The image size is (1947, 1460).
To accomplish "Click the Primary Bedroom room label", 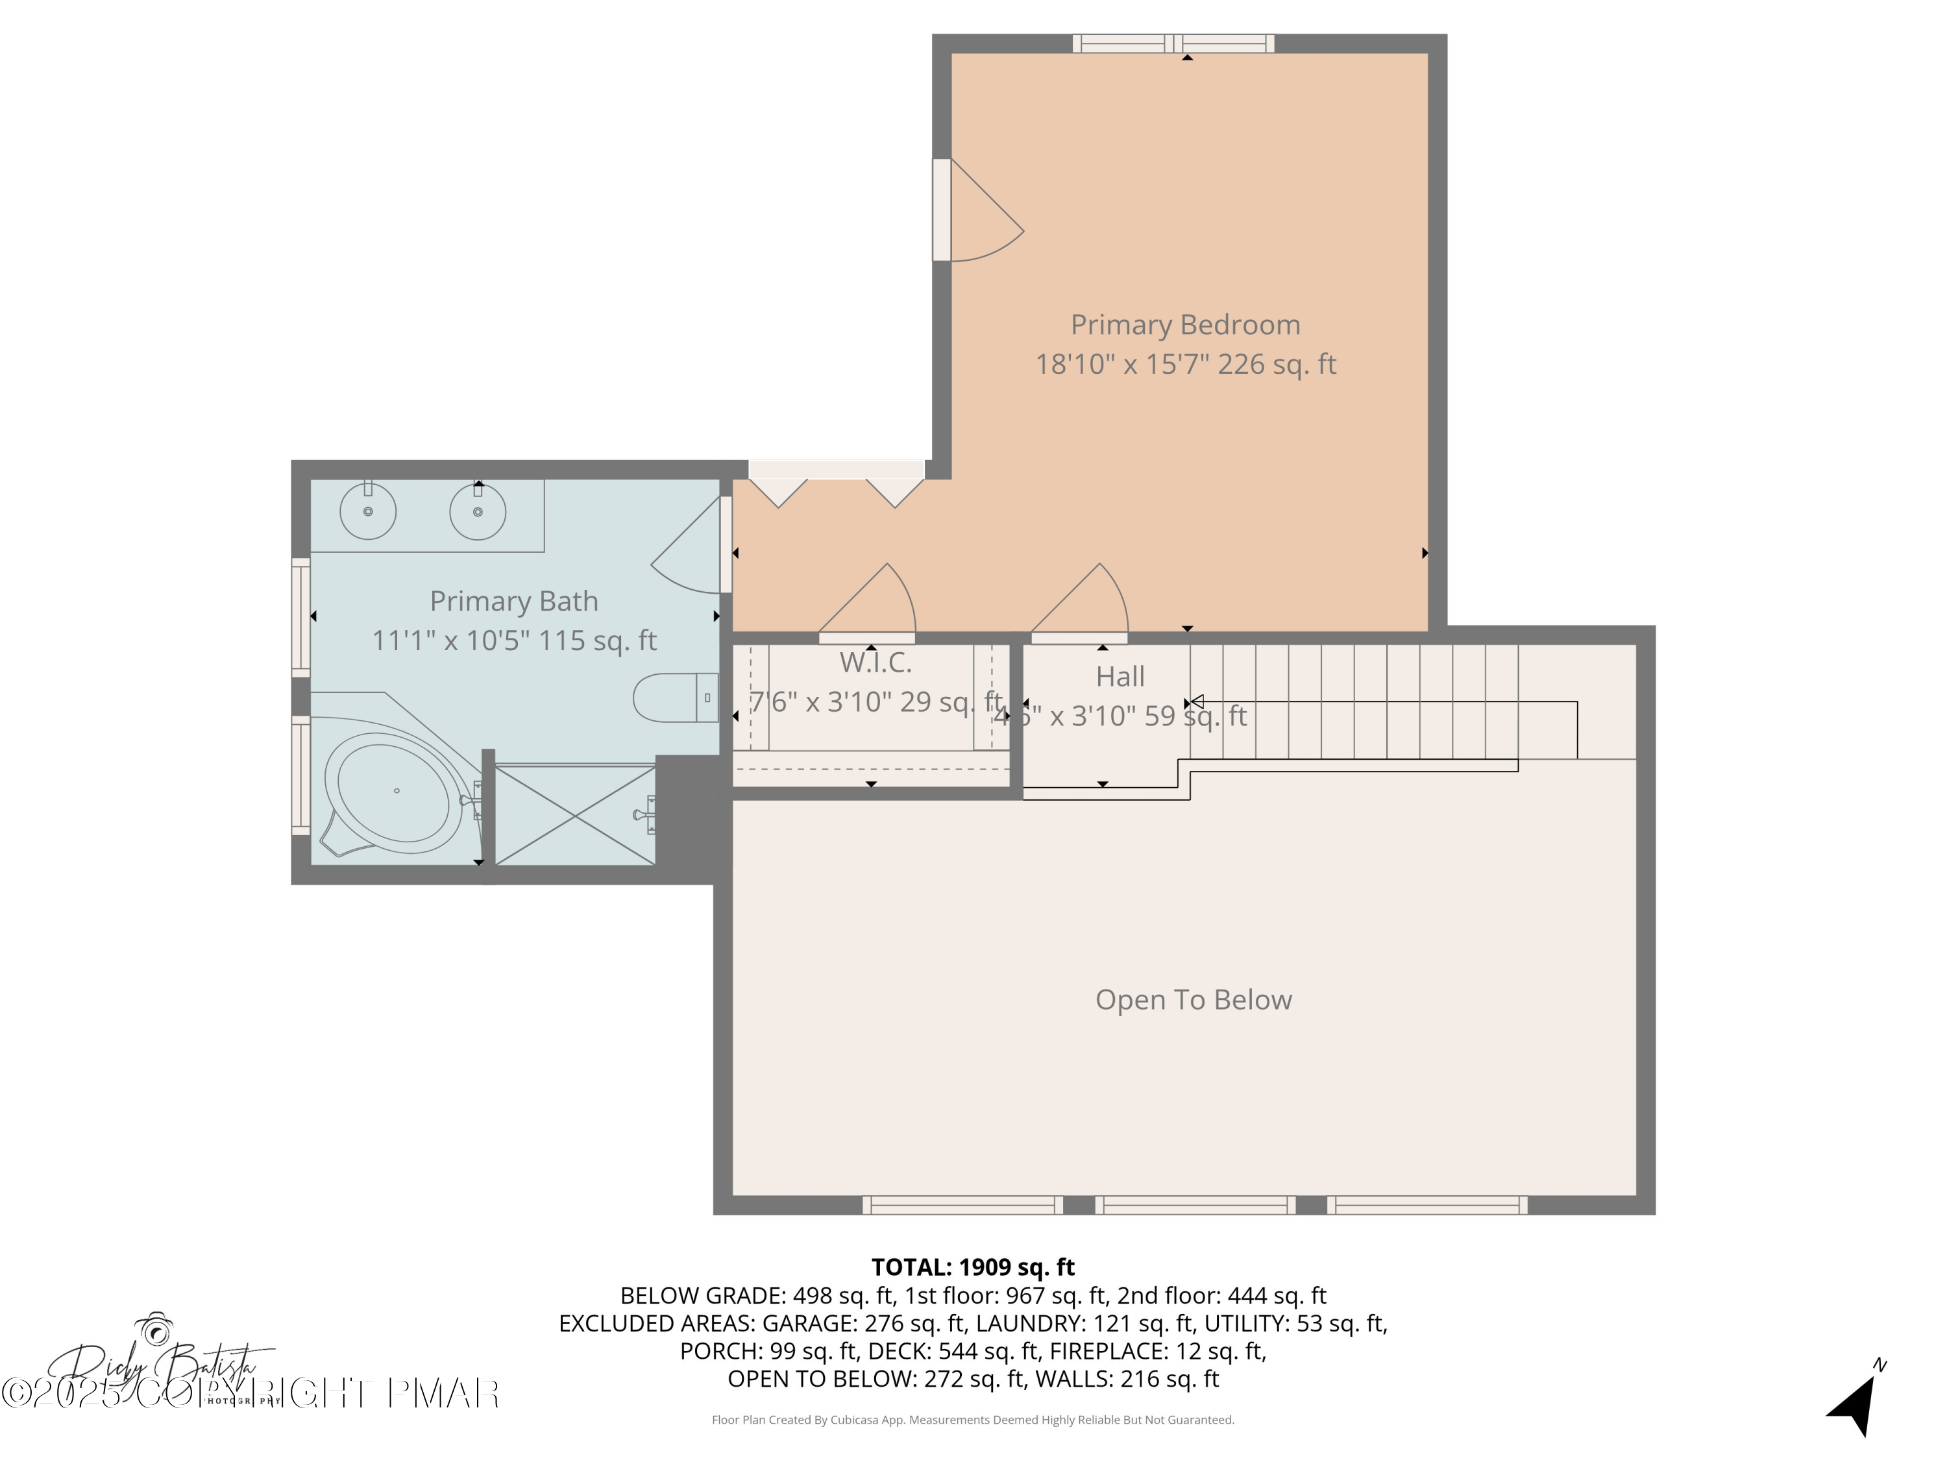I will click(1184, 324).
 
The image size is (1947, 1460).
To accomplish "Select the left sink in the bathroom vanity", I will click(368, 511).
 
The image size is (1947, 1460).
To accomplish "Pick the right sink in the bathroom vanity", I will click(478, 511).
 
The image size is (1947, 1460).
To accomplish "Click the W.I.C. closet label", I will click(875, 663).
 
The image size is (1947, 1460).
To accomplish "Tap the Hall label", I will click(1120, 677).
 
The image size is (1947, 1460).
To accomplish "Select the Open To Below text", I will click(1193, 1000).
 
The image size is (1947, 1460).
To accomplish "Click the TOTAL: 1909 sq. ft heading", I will click(973, 1267).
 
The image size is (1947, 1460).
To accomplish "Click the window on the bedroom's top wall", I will click(1173, 43).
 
